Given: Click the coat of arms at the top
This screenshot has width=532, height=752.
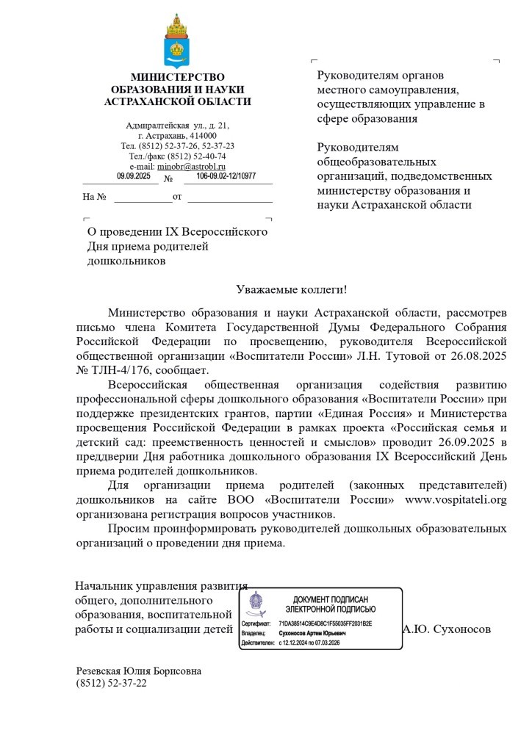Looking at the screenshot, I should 176,41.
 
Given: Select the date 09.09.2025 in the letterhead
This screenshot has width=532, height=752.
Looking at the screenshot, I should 133,176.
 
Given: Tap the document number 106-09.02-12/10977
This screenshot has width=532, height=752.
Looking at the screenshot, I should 226,176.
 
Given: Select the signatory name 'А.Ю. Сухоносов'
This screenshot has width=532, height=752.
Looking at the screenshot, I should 447,629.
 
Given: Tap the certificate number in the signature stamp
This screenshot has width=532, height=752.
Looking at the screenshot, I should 326,623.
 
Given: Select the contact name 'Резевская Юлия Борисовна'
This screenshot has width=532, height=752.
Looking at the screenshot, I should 139,671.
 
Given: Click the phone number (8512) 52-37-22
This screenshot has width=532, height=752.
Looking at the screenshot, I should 111,683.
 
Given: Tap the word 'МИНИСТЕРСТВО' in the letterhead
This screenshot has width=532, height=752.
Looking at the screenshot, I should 177,77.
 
